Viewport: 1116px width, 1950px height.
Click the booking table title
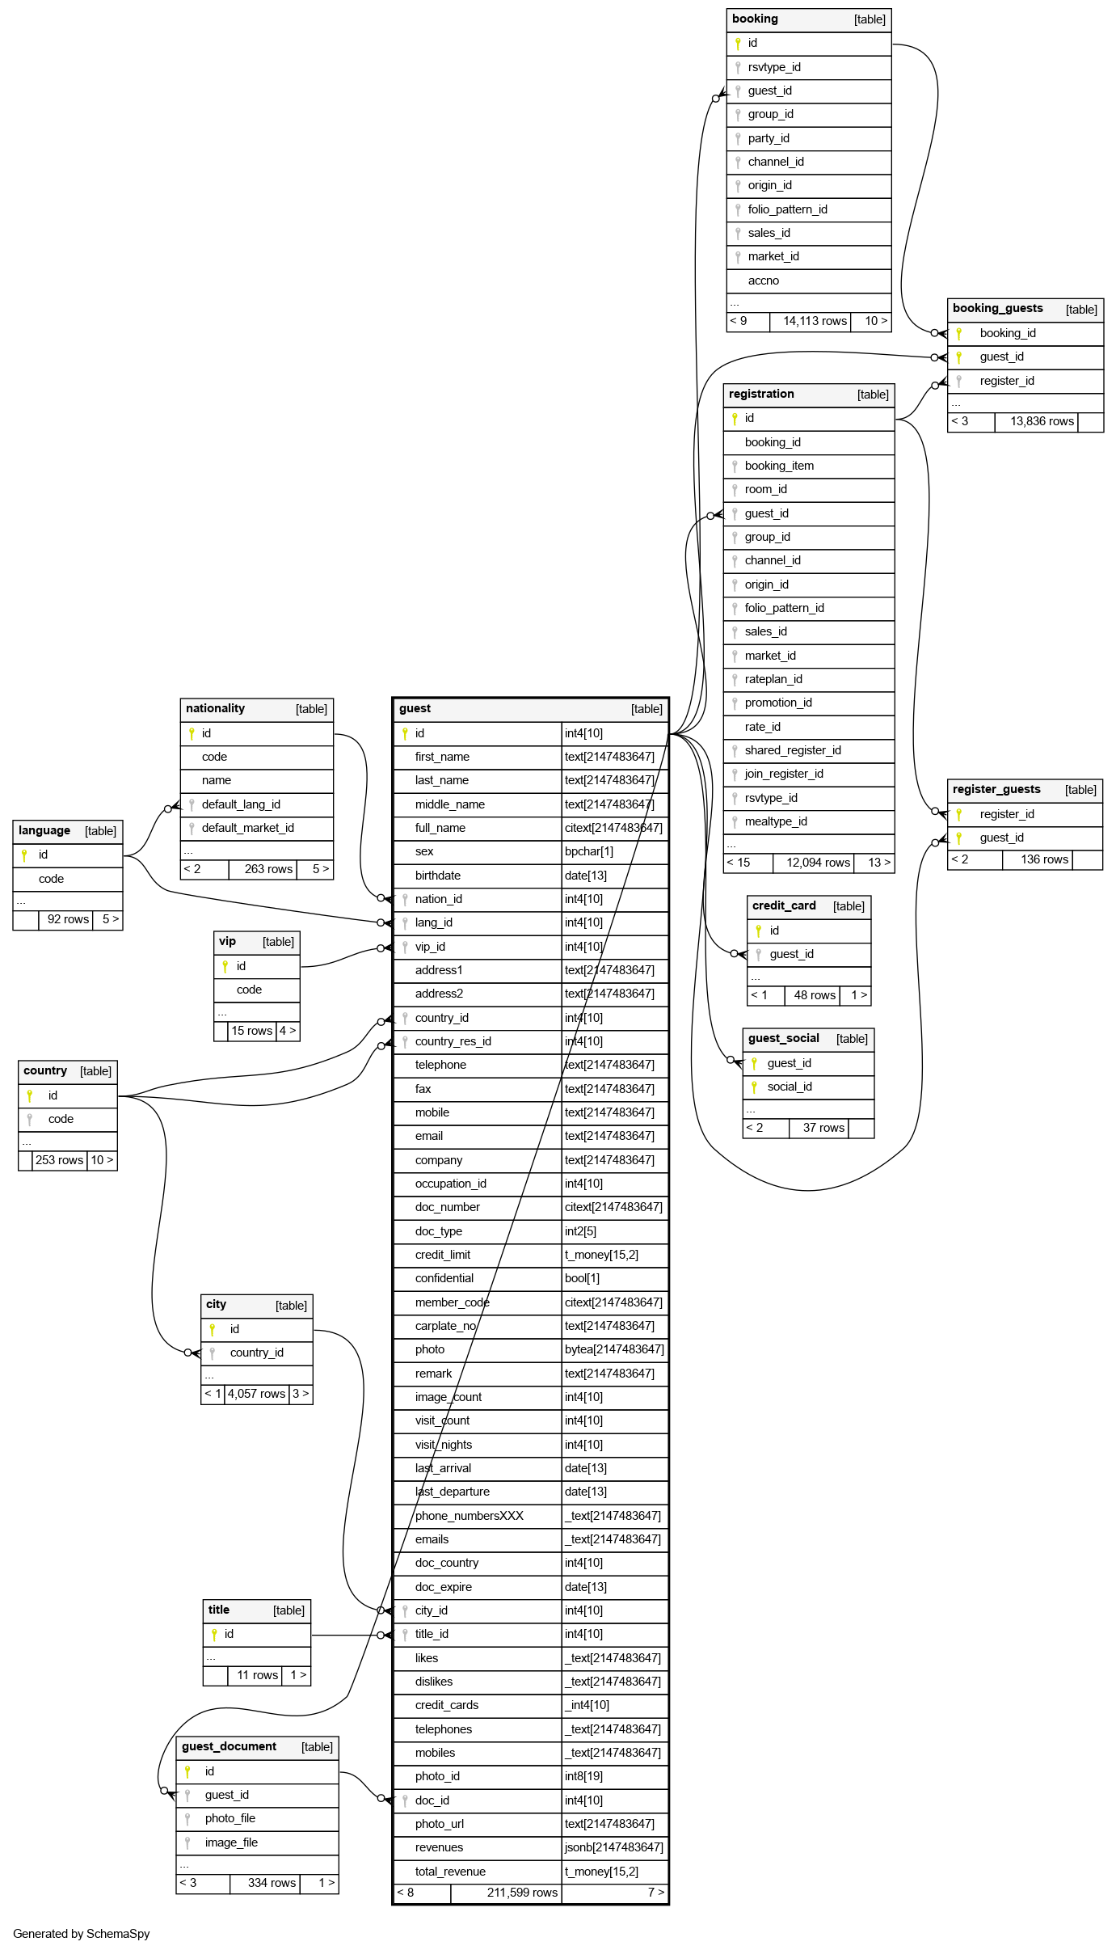755,19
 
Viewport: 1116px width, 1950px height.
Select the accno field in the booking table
764,281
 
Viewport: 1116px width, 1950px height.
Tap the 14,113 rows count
815,321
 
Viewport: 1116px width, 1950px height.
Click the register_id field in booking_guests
1007,381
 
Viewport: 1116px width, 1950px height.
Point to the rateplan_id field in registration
773,679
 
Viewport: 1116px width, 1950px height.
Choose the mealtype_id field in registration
776,821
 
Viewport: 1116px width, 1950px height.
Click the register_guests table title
996,790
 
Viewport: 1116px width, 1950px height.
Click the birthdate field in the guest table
438,876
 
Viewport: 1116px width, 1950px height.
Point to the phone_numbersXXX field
470,1516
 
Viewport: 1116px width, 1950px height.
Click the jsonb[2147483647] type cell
614,1847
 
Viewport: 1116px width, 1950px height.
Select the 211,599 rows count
522,1893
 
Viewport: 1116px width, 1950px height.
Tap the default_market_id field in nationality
248,828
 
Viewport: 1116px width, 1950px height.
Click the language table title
44,831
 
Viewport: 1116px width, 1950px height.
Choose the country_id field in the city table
257,1353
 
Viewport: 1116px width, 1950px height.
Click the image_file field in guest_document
231,1842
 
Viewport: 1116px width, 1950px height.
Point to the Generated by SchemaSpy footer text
82,1934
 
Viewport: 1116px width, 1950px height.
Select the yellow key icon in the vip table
225,966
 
